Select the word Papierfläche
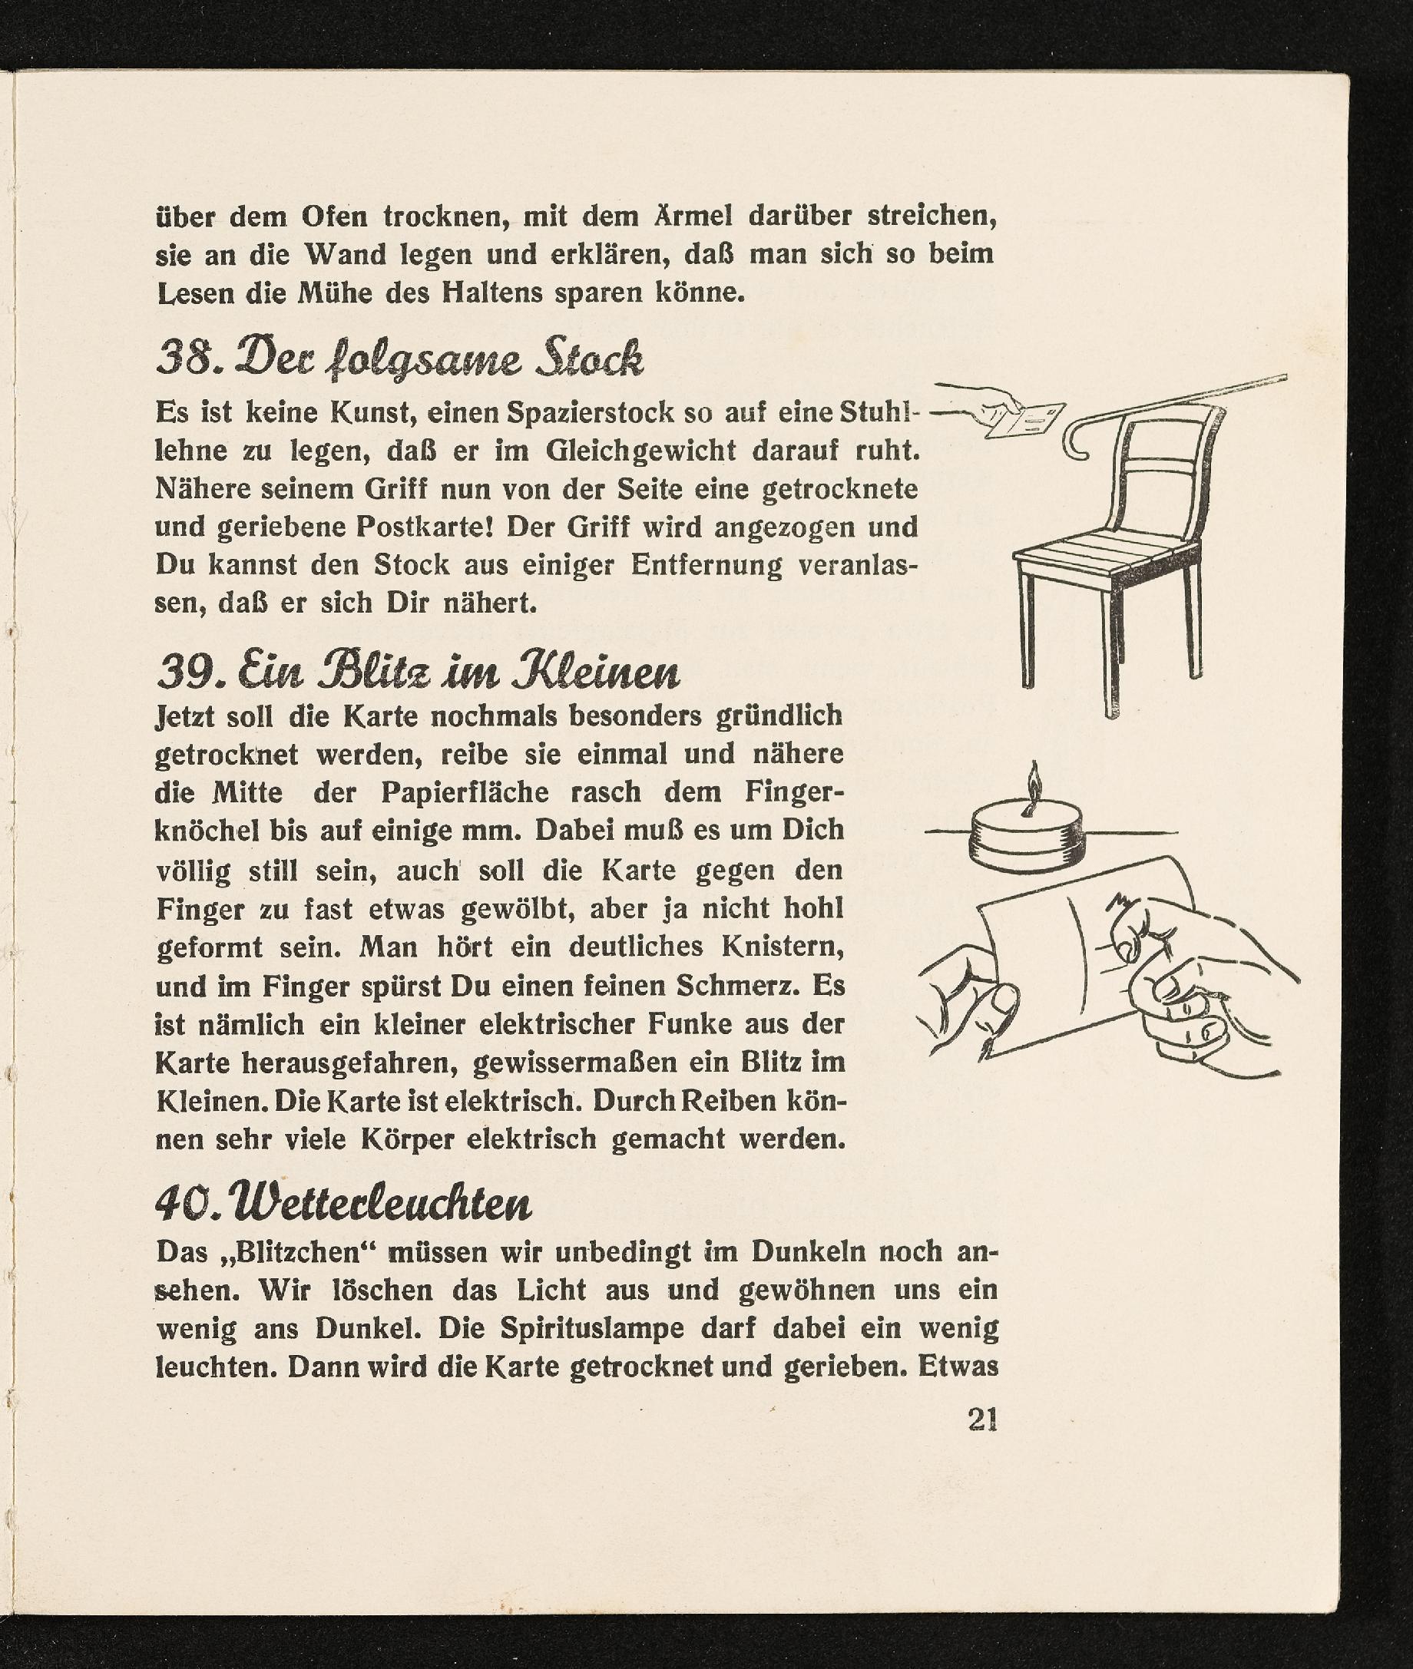click(465, 792)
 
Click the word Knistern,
click(783, 947)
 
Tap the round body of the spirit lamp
click(1026, 833)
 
